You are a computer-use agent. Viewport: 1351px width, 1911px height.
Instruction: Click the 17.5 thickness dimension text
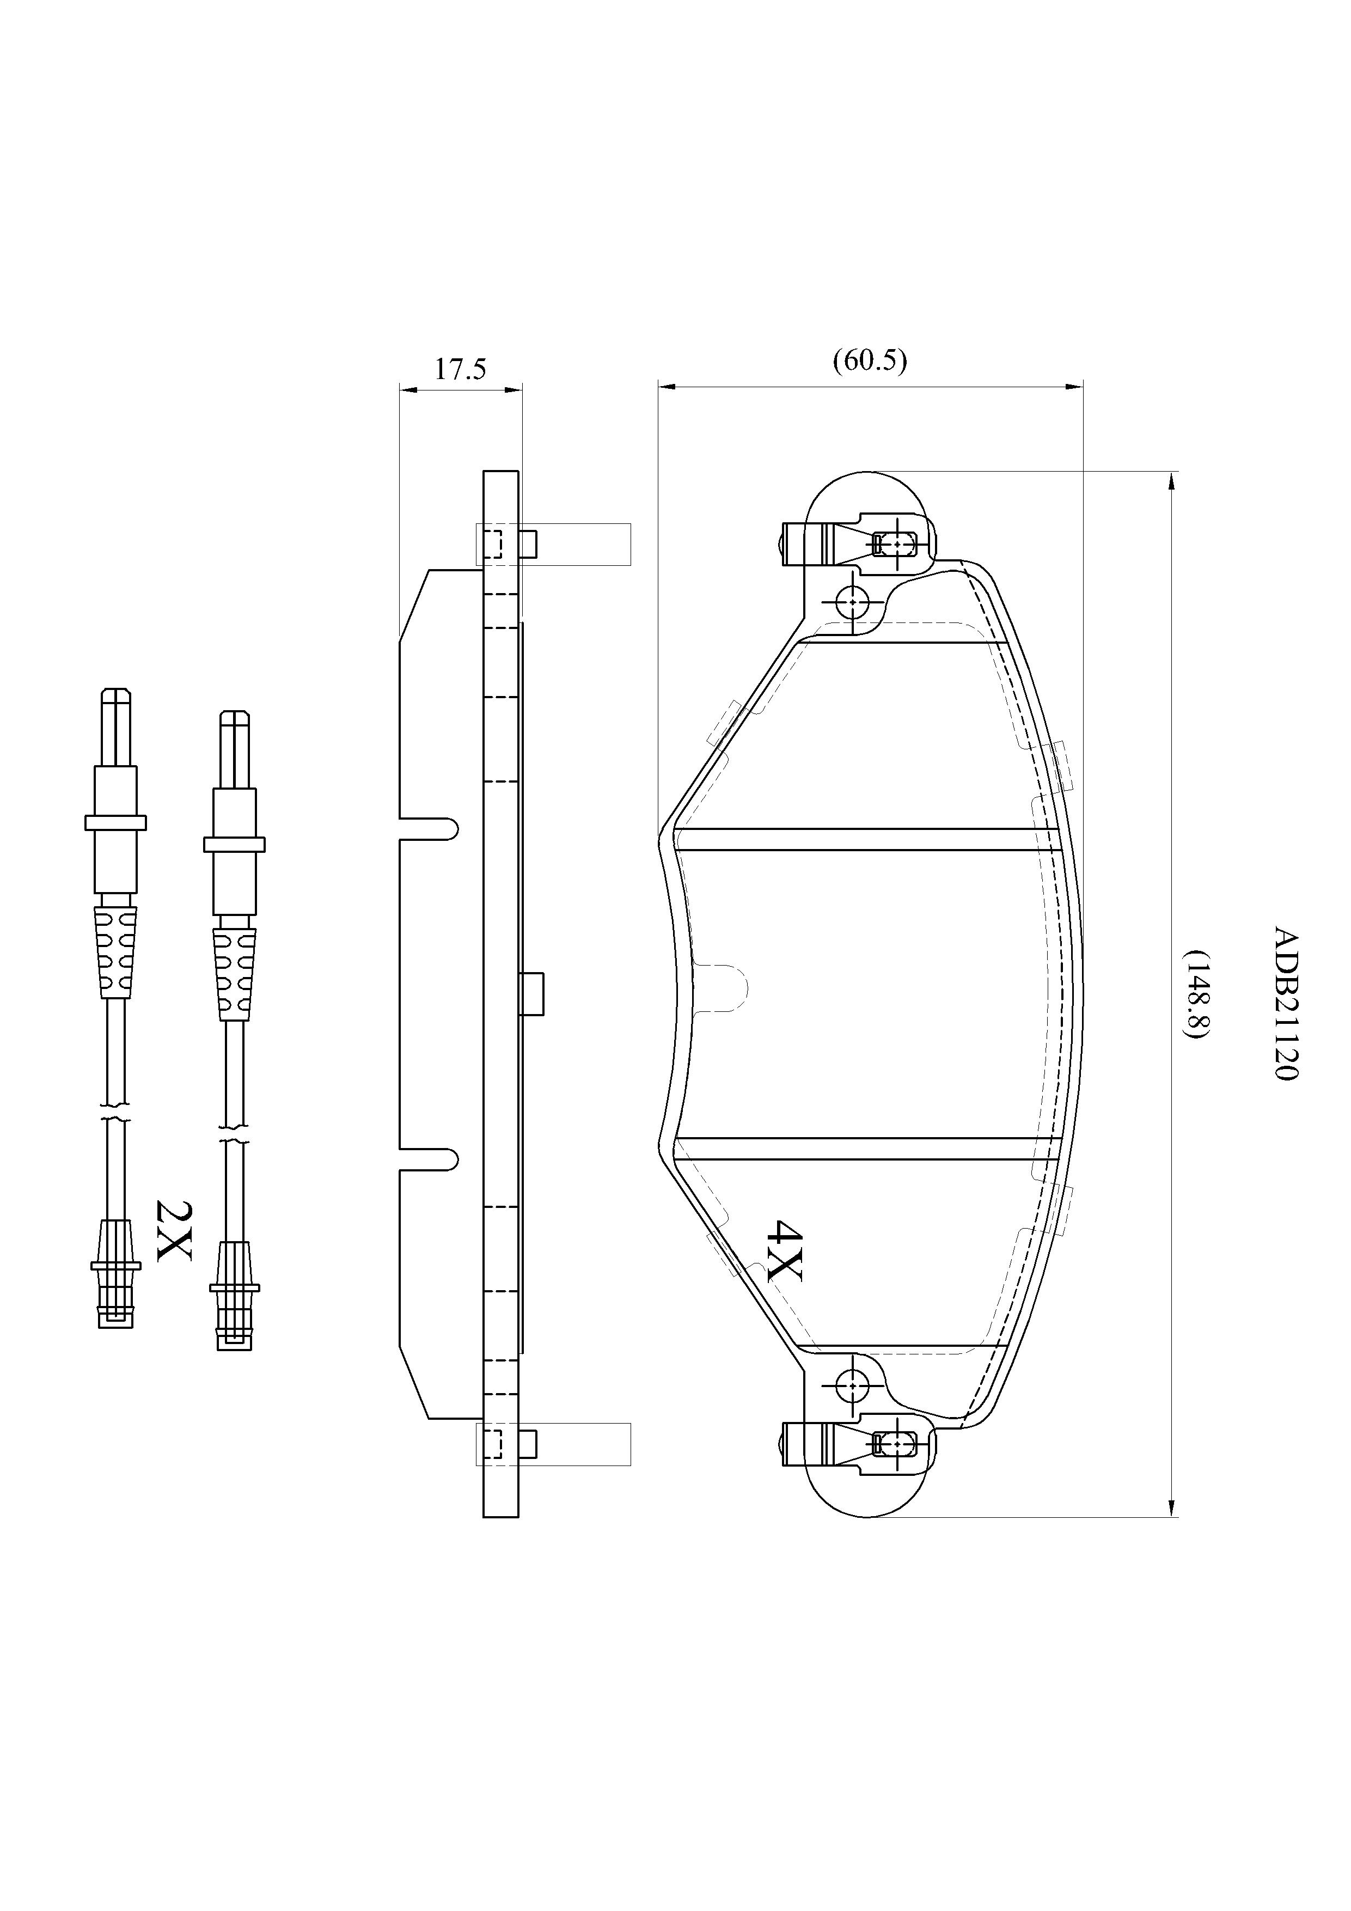click(460, 369)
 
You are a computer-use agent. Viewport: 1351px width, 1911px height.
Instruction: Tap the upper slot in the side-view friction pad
click(429, 828)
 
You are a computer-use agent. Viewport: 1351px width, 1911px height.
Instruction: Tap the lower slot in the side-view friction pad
click(429, 1158)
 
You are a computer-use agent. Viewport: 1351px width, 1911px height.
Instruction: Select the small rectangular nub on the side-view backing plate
click(531, 994)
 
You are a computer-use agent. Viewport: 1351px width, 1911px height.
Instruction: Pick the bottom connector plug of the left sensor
click(115, 1273)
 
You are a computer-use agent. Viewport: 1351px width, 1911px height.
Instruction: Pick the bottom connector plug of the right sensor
click(234, 1296)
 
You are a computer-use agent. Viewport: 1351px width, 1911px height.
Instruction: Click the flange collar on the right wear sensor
click(234, 844)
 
